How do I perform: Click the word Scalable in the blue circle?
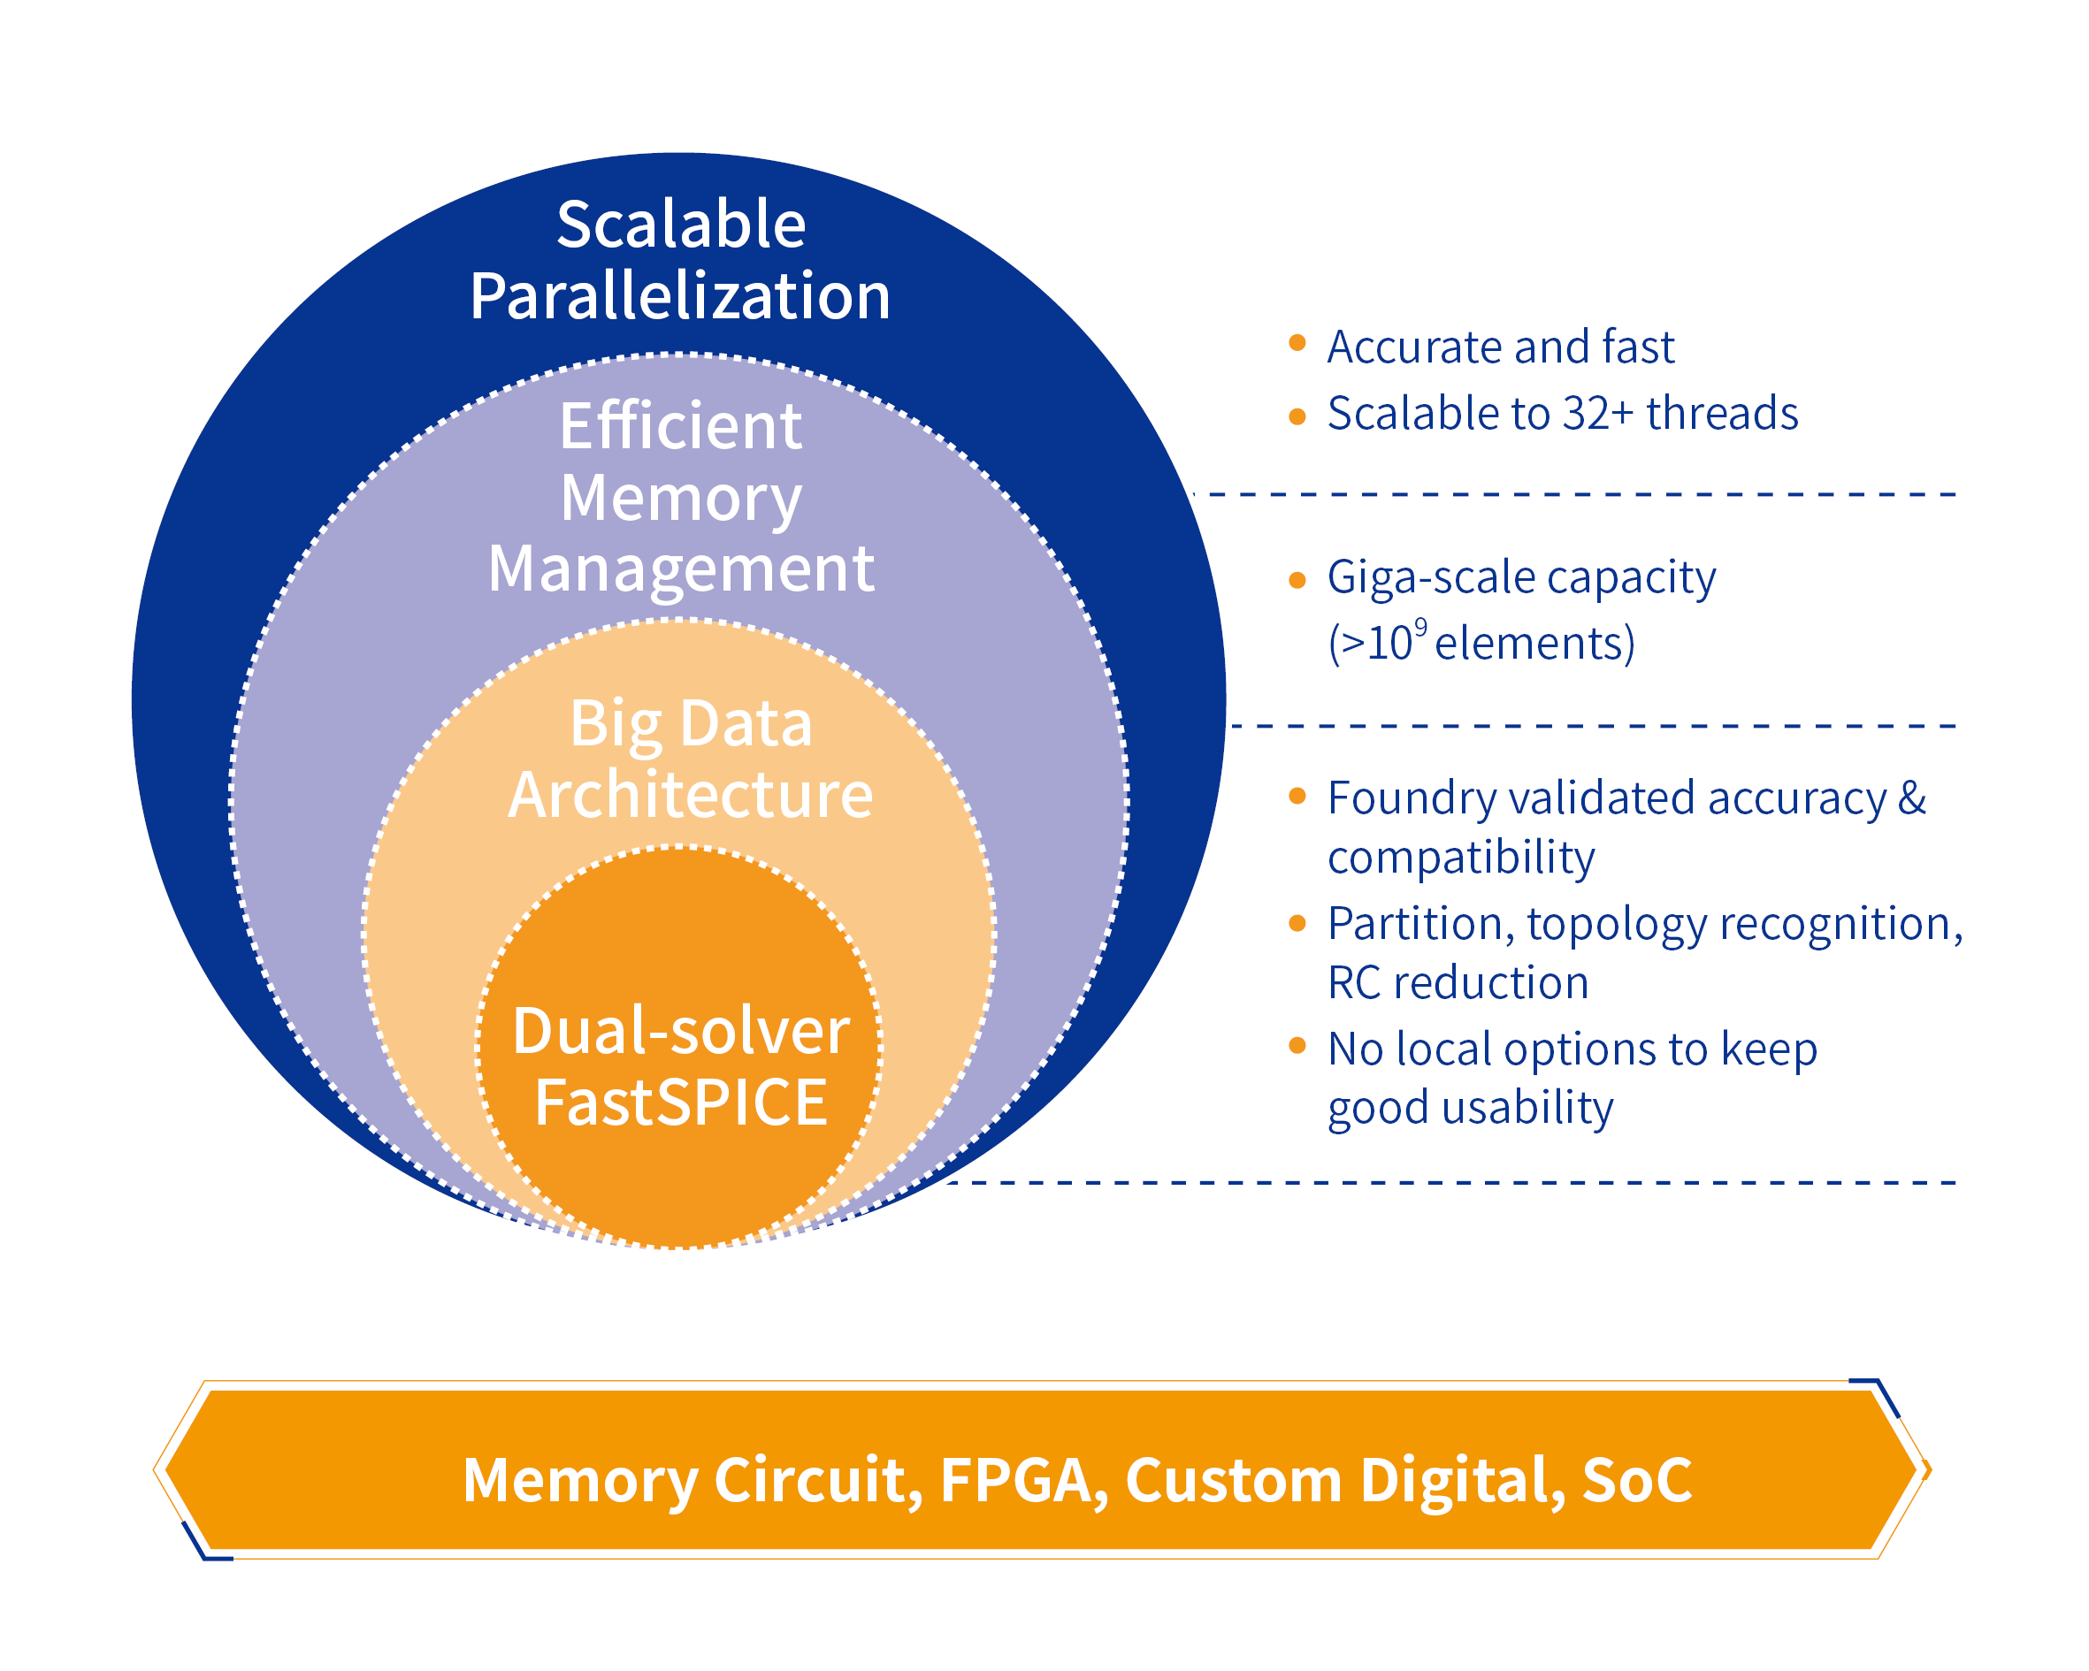pos(681,225)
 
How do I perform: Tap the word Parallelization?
pos(680,296)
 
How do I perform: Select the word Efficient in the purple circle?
pos(681,426)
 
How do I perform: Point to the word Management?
pos(681,568)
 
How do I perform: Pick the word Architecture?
pos(691,796)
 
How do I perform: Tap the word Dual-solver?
pos(681,1031)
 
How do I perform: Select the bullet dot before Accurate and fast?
pos(1297,342)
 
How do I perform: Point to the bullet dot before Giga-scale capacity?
pos(1297,580)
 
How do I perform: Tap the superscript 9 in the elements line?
pos(1420,626)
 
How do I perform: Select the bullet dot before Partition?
pos(1297,923)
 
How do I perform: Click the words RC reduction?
pos(1458,983)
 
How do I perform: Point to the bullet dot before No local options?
pos(1297,1045)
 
